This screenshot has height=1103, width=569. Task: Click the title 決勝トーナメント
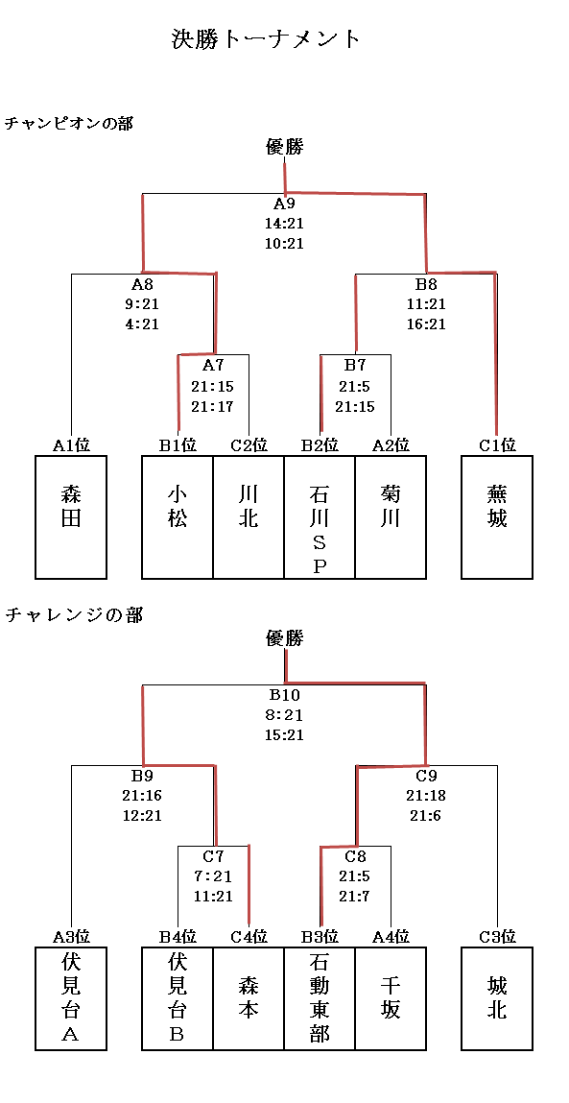coord(266,38)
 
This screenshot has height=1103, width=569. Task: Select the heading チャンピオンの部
coord(69,123)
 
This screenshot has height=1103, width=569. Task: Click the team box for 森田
coord(71,517)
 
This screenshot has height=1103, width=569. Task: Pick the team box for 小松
coord(178,517)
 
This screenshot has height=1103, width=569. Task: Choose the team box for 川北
coord(249,517)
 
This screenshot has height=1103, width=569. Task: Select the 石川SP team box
coord(320,517)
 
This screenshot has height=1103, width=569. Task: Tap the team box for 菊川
coord(391,517)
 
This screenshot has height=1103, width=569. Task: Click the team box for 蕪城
coord(497,517)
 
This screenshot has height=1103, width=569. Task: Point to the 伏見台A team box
coord(71,998)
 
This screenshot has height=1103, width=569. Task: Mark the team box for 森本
coord(249,998)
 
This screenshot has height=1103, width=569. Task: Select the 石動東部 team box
coord(320,998)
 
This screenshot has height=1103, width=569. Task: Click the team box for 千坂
coord(391,998)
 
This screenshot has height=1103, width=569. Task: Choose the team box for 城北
coord(497,998)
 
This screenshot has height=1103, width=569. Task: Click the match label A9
coord(284,204)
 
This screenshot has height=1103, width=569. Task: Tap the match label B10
coord(284,695)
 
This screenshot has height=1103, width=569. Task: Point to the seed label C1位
coord(497,444)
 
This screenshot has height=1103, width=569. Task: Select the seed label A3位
coord(71,936)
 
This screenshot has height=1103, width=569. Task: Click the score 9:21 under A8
coord(142,304)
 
